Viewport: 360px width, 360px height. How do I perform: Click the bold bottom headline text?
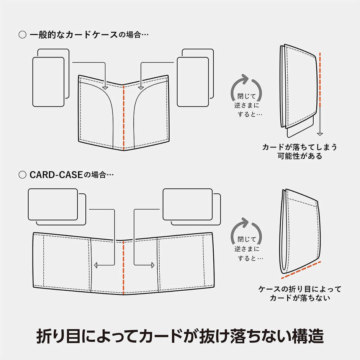(x=180, y=335)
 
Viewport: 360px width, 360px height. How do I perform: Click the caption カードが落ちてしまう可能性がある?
(x=300, y=151)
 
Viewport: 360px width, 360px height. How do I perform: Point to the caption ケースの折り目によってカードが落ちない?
(x=300, y=293)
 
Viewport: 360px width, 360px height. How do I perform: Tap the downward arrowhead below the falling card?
(x=320, y=134)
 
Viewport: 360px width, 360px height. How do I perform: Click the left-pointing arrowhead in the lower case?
(x=96, y=265)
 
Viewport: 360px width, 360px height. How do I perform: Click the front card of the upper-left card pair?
(x=48, y=82)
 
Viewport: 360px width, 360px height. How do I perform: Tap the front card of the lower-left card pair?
(x=53, y=204)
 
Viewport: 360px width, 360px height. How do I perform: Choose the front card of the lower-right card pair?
(x=187, y=204)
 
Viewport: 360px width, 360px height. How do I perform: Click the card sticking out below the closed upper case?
(x=301, y=131)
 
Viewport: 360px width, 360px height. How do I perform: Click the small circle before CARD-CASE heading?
(x=22, y=175)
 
